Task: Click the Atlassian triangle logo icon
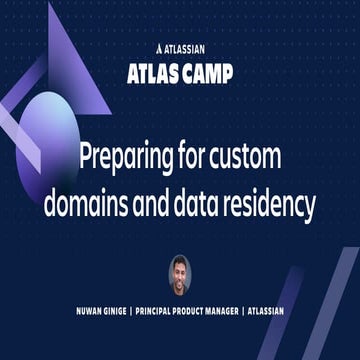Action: pyautogui.click(x=161, y=47)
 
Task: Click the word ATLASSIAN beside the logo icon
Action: pyautogui.click(x=189, y=47)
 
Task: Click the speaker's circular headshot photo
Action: pyautogui.click(x=181, y=276)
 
